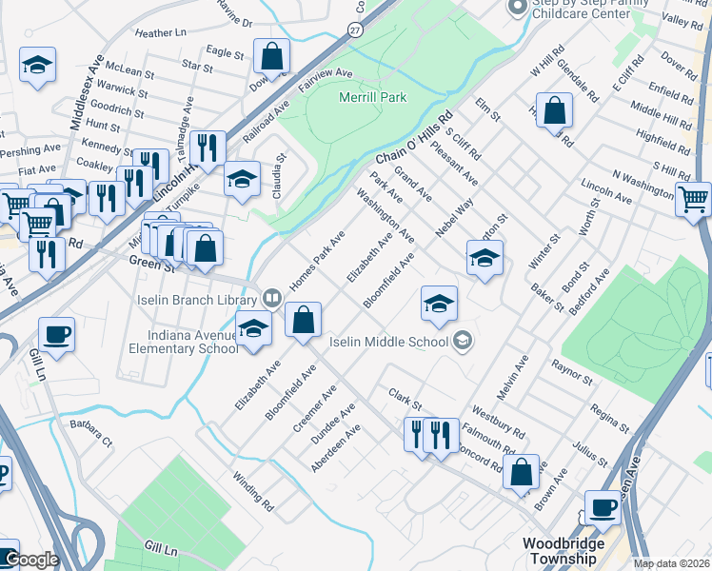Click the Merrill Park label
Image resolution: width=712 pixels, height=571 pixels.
372,97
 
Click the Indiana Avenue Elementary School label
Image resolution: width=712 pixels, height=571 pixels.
193,341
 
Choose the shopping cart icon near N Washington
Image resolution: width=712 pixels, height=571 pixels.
694,200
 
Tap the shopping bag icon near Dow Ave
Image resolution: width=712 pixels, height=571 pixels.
271,55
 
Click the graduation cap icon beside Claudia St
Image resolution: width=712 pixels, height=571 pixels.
242,178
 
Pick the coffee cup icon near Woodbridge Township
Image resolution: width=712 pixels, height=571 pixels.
602,506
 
